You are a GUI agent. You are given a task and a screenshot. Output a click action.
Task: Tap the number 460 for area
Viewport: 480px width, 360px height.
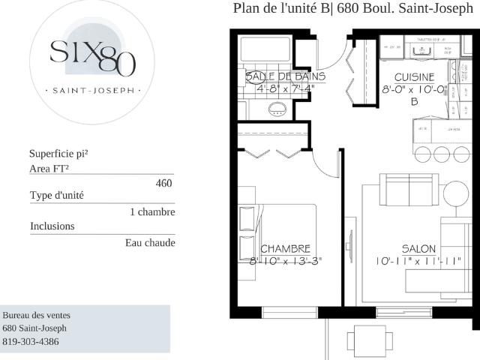click(x=163, y=183)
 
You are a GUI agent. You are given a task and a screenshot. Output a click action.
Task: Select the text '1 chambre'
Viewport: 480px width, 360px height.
click(x=152, y=212)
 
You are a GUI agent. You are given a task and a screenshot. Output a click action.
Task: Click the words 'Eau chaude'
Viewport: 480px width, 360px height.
click(x=150, y=243)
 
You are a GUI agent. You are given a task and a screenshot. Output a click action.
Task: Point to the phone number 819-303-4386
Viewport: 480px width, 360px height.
click(x=31, y=342)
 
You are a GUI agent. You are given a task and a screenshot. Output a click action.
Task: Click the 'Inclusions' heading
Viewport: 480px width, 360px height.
click(x=52, y=226)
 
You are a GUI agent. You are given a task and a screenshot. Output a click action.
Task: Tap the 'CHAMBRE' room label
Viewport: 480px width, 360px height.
click(x=285, y=249)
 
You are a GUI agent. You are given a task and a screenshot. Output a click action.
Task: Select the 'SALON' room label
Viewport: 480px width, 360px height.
click(x=418, y=249)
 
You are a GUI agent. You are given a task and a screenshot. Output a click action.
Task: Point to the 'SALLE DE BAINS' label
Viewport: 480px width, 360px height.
click(x=285, y=76)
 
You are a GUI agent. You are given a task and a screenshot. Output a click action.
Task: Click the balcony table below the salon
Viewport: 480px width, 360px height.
click(x=370, y=342)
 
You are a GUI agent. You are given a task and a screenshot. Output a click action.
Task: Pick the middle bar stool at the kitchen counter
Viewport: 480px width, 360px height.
click(x=440, y=154)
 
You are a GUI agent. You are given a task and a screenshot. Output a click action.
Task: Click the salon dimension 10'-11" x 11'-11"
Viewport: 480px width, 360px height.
click(x=418, y=262)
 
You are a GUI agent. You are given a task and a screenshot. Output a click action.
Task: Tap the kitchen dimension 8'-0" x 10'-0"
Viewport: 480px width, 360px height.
click(x=414, y=88)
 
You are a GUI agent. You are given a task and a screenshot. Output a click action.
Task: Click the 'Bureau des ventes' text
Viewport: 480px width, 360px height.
click(x=37, y=316)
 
